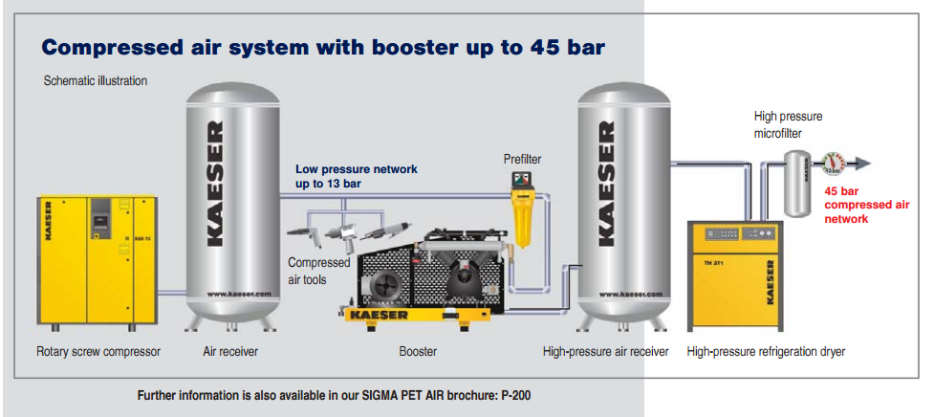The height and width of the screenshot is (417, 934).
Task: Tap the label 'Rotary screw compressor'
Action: (98, 352)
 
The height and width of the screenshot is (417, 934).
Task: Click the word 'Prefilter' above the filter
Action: (523, 159)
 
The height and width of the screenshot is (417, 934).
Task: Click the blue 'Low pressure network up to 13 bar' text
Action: (356, 175)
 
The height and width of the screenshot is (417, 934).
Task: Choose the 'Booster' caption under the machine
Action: (418, 352)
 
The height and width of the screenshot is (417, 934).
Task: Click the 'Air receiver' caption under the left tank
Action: (230, 352)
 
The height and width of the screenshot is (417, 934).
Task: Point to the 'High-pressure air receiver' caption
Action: (605, 352)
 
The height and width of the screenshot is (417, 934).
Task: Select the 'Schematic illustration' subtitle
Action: (96, 81)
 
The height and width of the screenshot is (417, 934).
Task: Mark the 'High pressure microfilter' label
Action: (788, 125)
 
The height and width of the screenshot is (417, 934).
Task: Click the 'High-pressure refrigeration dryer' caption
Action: (766, 352)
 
